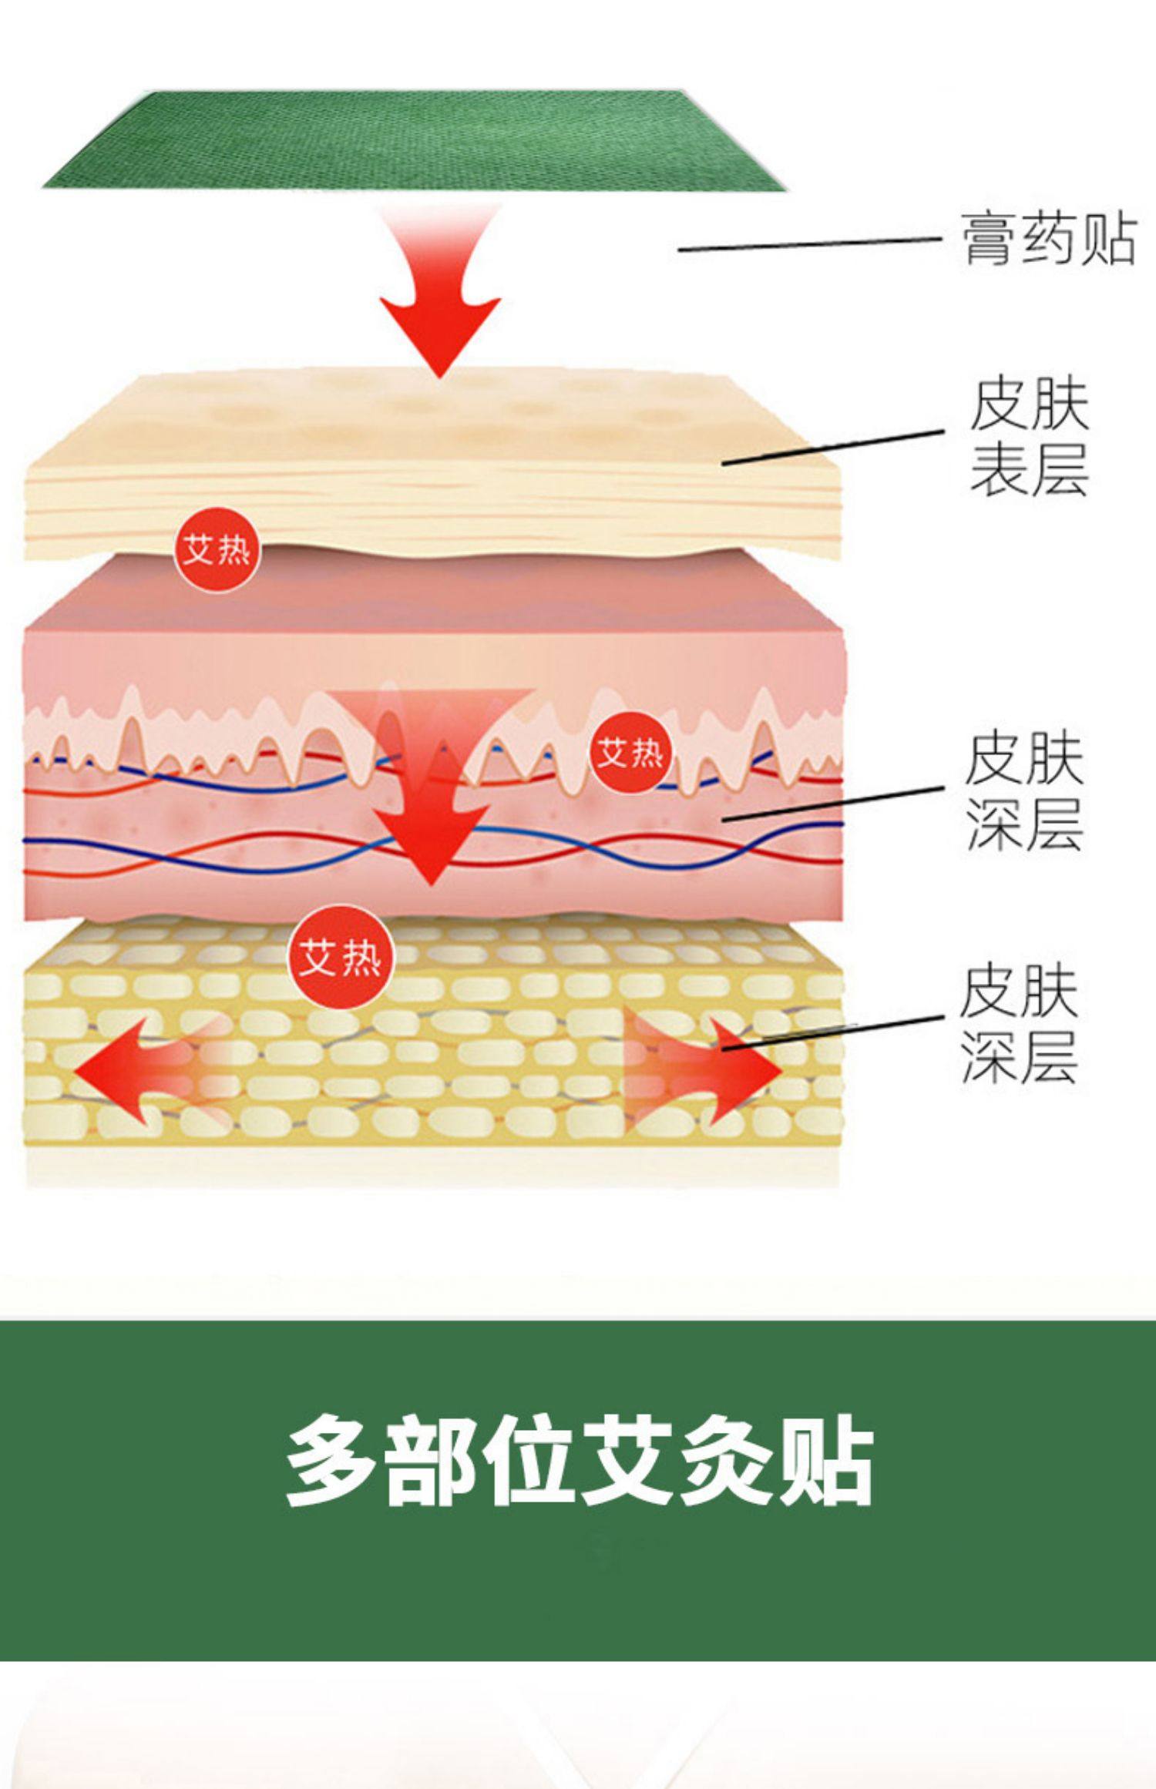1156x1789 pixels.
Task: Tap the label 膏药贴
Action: (x=1049, y=240)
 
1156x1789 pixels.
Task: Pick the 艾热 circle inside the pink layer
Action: (x=630, y=752)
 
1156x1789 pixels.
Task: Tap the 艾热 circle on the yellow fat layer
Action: (x=340, y=958)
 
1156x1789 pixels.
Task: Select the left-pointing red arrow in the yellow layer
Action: (x=146, y=1070)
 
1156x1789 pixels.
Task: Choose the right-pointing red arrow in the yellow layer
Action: (x=709, y=1070)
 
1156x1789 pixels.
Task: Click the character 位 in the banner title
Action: (x=532, y=1459)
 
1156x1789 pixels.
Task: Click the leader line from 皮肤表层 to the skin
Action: (x=832, y=447)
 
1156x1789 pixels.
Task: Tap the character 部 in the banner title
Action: (x=432, y=1459)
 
